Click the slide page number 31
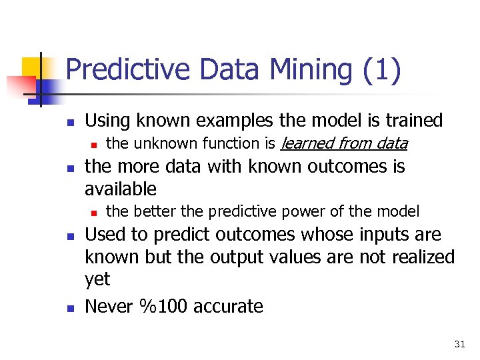459,344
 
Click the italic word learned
309,143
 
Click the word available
121,189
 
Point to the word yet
97,280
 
